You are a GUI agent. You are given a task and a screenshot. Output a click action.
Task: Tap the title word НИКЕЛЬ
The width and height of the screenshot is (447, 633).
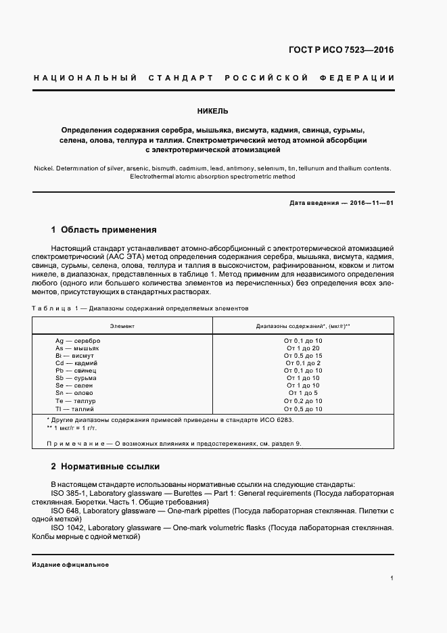(x=213, y=110)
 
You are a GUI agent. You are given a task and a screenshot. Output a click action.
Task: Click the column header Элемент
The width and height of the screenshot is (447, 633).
(x=122, y=326)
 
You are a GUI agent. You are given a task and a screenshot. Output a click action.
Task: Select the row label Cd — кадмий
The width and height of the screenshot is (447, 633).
(x=77, y=363)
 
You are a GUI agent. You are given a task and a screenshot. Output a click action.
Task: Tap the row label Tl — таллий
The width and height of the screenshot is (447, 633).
(x=76, y=409)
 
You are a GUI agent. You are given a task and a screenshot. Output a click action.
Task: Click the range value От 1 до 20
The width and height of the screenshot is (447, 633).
(x=304, y=348)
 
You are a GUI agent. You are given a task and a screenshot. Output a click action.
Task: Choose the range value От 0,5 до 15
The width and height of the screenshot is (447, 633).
(x=304, y=356)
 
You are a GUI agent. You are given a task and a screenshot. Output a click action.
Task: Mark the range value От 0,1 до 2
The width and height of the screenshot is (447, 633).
(x=304, y=363)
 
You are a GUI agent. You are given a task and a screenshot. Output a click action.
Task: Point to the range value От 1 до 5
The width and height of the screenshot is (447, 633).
(x=304, y=393)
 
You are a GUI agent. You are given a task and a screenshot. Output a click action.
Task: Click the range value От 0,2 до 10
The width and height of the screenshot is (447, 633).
(x=304, y=401)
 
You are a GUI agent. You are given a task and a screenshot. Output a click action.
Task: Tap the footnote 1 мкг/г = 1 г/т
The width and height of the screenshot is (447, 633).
(x=74, y=429)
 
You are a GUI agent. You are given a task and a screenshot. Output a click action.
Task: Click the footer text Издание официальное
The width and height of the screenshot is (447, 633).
(x=70, y=565)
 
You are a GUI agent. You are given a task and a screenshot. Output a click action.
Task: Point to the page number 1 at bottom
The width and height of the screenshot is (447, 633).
(x=392, y=578)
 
